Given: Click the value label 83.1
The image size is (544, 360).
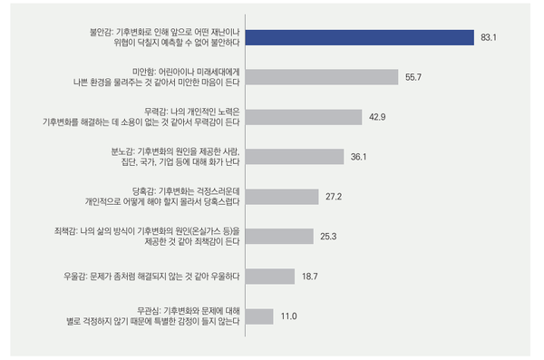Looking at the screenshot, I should pos(490,38).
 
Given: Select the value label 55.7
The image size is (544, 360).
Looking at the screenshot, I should pos(413,77).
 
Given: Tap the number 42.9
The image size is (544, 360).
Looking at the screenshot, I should pos(378,117).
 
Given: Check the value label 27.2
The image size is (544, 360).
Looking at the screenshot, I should pos(335,197).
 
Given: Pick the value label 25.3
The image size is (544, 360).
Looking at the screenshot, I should pos(329,237).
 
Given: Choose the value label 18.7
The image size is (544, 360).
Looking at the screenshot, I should pos(311,277).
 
